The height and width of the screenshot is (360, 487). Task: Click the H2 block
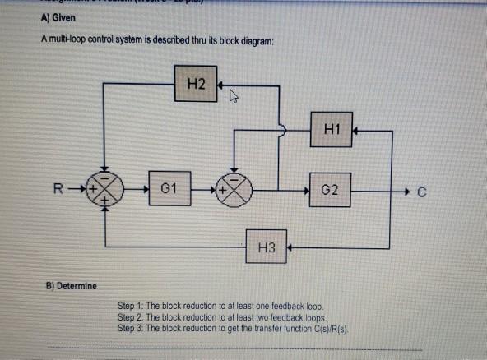196,84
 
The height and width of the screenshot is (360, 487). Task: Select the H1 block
332,129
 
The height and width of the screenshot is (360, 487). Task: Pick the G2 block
332,191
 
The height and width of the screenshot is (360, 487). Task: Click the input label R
60,192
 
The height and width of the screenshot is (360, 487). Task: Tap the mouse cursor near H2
234,99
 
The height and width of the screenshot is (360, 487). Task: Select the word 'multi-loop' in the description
72,41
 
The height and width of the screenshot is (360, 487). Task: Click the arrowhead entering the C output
406,192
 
